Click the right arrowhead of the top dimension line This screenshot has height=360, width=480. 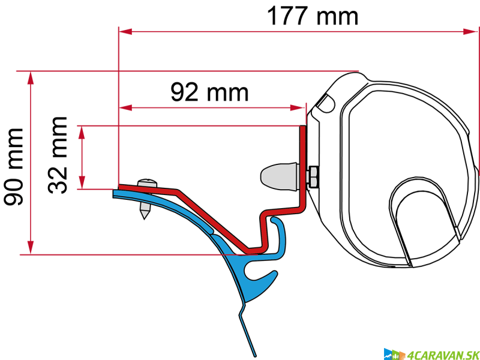[470, 31]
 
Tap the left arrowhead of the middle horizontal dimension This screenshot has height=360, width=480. [125, 107]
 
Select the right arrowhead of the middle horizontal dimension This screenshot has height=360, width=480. [298, 107]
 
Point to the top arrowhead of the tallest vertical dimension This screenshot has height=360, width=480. [31, 78]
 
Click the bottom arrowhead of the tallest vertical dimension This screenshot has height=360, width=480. [31, 247]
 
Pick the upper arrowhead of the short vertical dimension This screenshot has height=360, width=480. [82, 133]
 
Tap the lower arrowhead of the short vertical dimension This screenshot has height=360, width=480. [82, 182]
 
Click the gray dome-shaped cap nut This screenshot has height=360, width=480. [279, 176]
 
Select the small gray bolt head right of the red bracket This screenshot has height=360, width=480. [313, 176]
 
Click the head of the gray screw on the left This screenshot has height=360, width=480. [147, 183]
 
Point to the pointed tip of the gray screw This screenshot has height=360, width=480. [145, 214]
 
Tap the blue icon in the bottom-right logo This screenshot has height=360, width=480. [388, 354]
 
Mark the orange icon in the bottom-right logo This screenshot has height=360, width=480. [403, 355]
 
